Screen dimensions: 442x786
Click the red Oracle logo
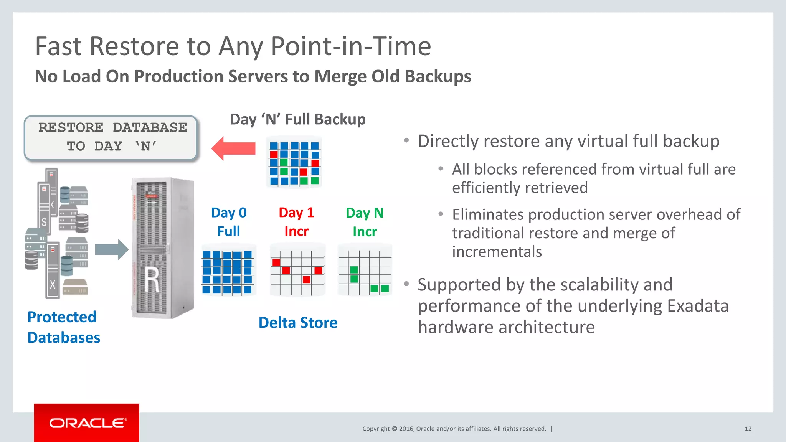(87, 422)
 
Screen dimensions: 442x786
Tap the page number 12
(748, 429)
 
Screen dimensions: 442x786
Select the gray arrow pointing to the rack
(111, 250)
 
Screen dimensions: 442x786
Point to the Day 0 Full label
(229, 222)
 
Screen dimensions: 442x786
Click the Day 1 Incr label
(296, 222)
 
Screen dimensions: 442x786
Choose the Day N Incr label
(365, 222)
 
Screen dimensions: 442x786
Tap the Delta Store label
(298, 323)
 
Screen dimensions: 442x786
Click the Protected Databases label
(63, 327)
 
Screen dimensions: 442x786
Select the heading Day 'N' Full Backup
(297, 119)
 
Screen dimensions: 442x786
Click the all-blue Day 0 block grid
(228, 272)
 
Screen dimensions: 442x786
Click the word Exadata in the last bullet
(697, 306)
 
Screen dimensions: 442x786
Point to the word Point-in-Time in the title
(351, 46)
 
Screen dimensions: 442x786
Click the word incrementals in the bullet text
(497, 252)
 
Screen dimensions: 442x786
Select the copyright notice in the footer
(454, 429)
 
